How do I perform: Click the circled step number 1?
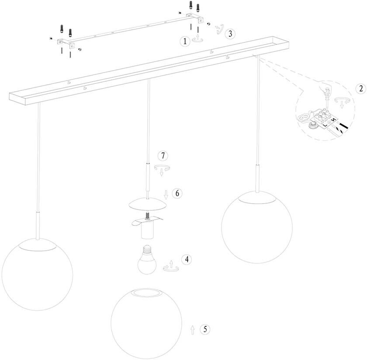click(x=185, y=41)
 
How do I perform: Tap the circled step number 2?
click(x=360, y=88)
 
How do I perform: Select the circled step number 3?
click(x=232, y=34)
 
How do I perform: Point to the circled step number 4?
click(x=187, y=260)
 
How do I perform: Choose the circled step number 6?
click(x=177, y=193)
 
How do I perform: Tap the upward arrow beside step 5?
click(x=193, y=330)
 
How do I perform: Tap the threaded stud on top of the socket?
click(x=148, y=215)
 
